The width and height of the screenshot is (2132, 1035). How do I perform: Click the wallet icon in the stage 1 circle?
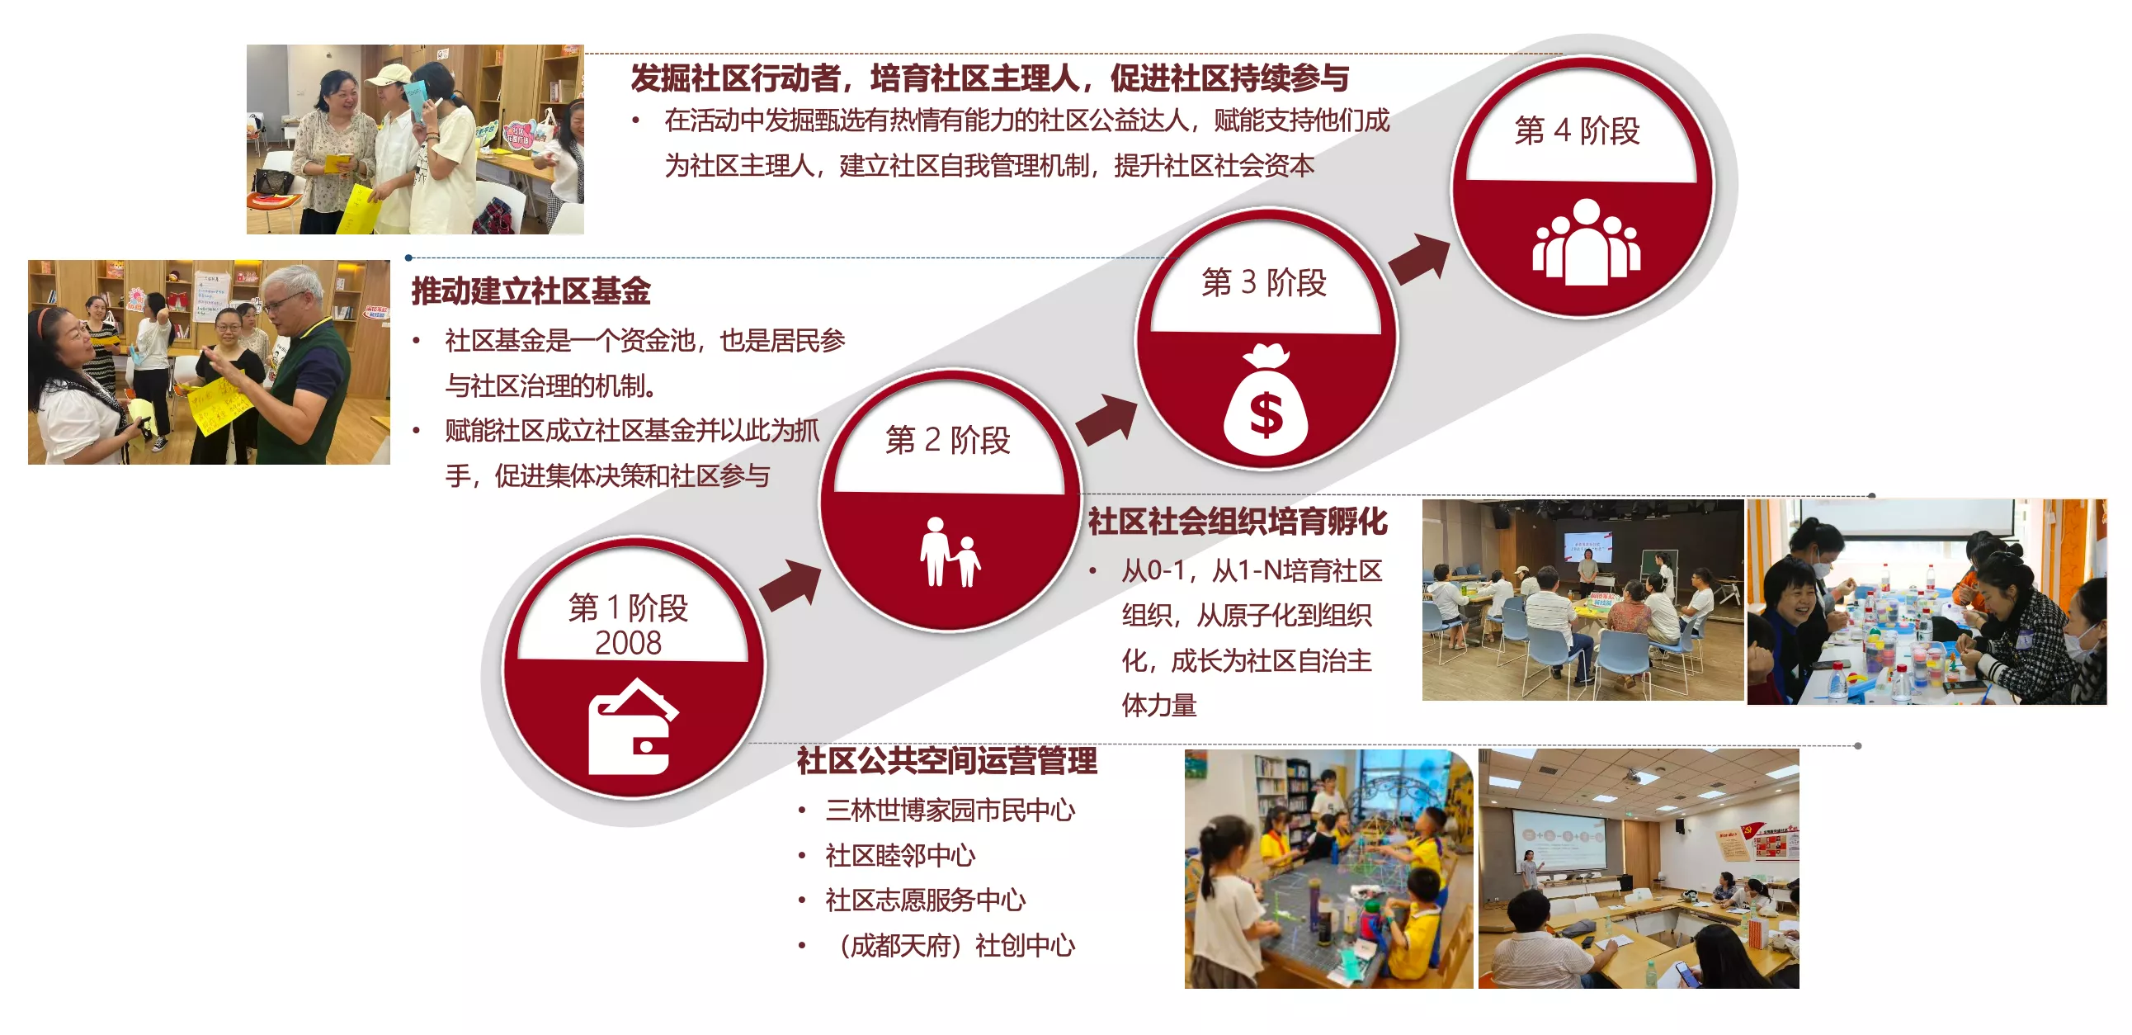633,727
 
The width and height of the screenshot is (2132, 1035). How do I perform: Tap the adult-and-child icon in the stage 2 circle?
950,551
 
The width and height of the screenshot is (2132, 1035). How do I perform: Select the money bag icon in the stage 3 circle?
1266,399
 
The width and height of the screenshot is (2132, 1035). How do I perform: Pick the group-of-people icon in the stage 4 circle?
1586,241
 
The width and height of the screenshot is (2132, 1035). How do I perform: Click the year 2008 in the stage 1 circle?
628,643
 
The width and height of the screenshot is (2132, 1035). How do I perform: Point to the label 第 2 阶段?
948,440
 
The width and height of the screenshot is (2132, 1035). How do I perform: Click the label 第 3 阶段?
1264,282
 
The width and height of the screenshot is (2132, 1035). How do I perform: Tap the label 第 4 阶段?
1577,131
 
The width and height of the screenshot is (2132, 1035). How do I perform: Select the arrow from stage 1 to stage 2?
790,584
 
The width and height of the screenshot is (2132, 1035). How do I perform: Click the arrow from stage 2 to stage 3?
1106,420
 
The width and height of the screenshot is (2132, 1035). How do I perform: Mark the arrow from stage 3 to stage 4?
1419,259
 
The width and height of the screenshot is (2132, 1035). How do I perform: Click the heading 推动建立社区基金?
531,291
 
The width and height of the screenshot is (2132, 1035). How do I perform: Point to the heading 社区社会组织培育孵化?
1238,522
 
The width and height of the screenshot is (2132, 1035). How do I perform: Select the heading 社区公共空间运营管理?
947,761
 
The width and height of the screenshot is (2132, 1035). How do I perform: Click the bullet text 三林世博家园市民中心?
950,810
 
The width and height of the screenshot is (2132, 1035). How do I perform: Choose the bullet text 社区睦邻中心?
900,855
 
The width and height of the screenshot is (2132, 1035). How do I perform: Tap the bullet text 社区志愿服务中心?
925,900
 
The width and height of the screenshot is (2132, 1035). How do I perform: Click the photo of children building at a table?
1328,868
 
